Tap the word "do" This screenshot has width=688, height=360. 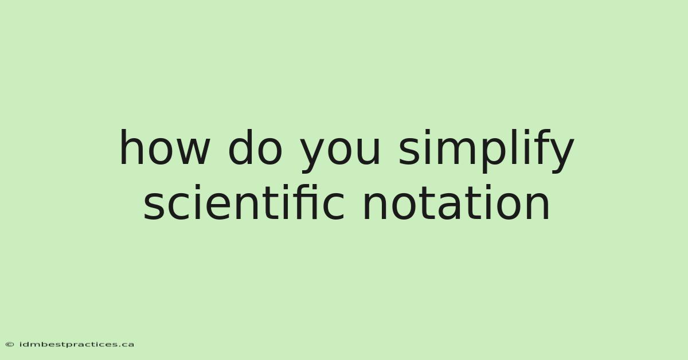coord(255,147)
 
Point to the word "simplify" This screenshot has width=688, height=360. coord(486,151)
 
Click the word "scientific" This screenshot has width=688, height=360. coord(244,202)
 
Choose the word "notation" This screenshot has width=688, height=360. coord(456,202)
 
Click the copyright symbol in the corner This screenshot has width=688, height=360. coord(10,345)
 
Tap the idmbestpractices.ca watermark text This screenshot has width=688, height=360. coord(77,345)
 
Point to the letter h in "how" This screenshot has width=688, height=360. coord(131,147)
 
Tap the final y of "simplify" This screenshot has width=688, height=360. coord(561,156)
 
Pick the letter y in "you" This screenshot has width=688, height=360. coord(313,156)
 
